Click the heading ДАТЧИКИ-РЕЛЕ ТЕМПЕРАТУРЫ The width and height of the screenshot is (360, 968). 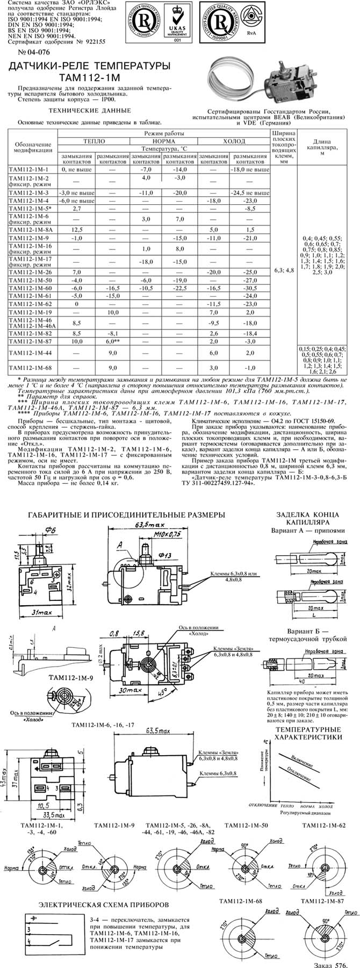click(x=88, y=66)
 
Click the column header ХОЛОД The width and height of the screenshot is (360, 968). click(x=234, y=141)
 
